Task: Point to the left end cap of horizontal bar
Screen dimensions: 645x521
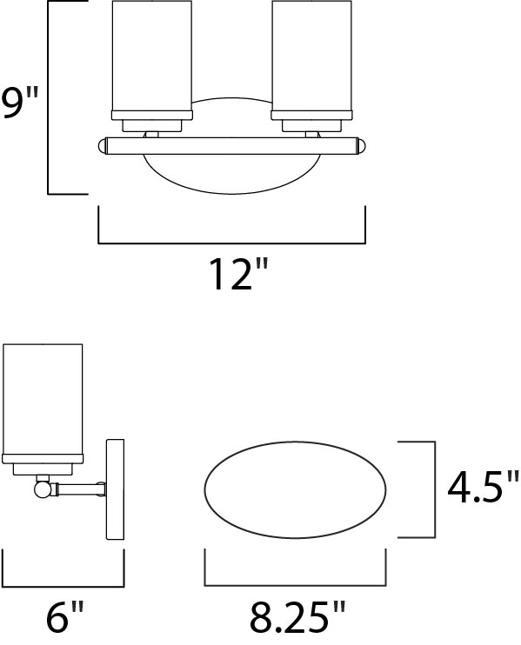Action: point(103,144)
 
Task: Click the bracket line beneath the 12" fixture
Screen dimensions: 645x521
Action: point(231,243)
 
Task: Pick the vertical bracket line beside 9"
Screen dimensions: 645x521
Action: point(49,97)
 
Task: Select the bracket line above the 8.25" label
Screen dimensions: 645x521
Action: point(296,583)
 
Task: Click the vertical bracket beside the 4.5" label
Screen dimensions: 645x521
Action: point(432,489)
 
